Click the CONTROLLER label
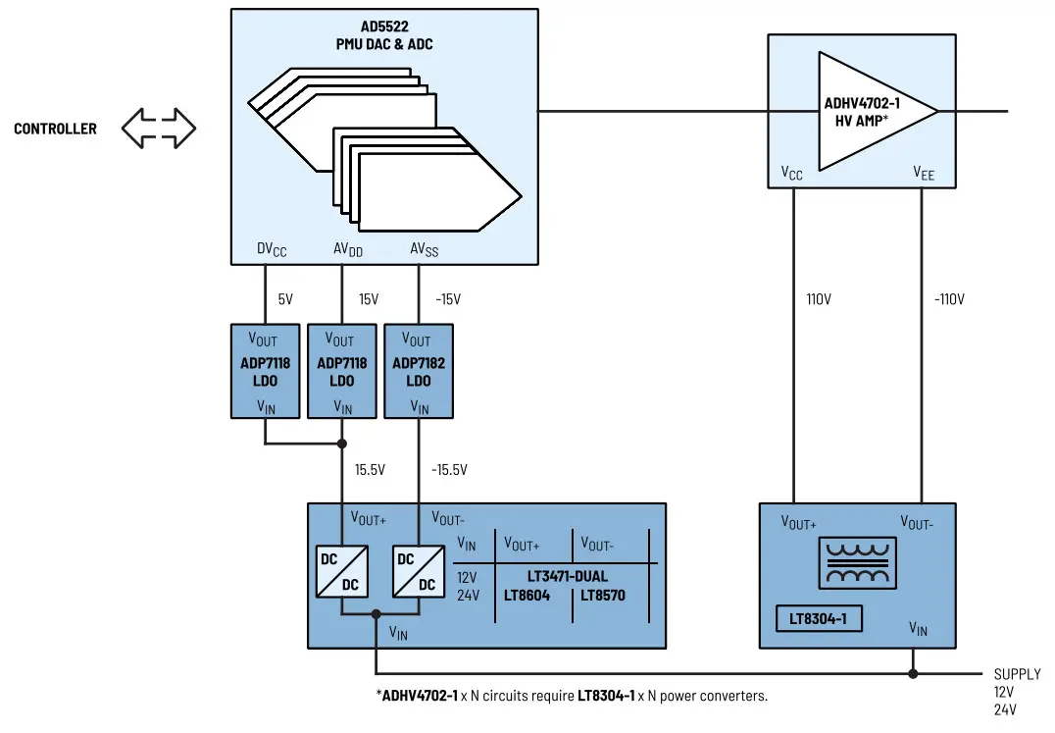coord(55,129)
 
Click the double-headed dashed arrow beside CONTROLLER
coord(159,129)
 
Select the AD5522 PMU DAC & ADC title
coord(384,35)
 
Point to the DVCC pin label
coord(272,250)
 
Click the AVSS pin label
coord(424,250)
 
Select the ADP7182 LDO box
coord(419,371)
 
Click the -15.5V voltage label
coord(449,470)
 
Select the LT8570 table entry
coord(602,595)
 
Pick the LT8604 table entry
coord(527,595)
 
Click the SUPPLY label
coord(1017,674)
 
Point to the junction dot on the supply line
coord(913,674)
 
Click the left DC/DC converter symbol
coord(342,572)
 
